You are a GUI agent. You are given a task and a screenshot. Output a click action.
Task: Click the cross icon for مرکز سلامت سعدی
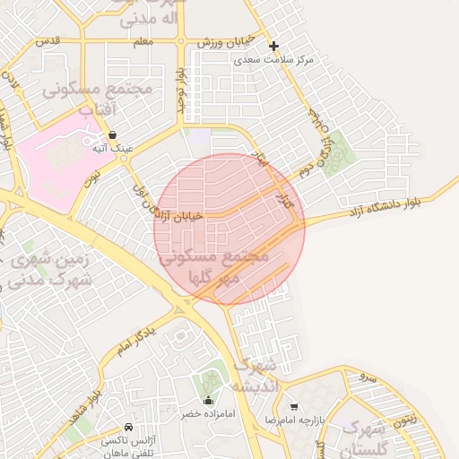[273, 46]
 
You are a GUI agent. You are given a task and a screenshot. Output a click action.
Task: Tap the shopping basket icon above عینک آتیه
[111, 134]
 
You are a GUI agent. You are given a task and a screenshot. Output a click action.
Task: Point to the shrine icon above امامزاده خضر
[209, 401]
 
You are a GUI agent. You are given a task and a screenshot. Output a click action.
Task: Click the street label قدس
[47, 41]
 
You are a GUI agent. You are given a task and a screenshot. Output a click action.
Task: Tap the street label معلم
[143, 41]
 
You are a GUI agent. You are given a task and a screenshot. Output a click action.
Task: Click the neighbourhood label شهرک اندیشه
[254, 376]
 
